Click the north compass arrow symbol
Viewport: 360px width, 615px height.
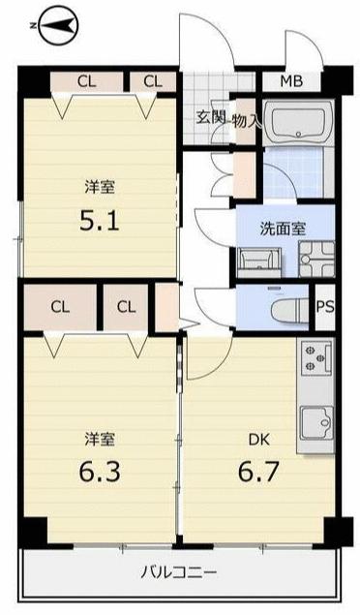tap(58, 26)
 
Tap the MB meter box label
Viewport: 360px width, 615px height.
tap(291, 81)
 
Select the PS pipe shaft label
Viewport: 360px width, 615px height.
tap(325, 307)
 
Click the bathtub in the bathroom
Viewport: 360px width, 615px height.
tap(299, 123)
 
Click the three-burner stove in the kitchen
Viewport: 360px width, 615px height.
tap(316, 357)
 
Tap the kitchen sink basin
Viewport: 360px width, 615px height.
tap(316, 423)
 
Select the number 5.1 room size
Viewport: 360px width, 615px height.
tap(99, 221)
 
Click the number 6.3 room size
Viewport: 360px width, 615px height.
tap(100, 472)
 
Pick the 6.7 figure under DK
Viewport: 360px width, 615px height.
tap(258, 472)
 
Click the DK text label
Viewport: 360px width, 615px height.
tap(259, 440)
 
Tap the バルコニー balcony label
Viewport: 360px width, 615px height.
tap(179, 573)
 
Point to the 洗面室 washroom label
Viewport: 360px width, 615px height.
tap(283, 229)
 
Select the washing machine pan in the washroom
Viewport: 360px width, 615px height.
tap(316, 259)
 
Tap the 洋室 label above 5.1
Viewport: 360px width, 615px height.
tap(100, 188)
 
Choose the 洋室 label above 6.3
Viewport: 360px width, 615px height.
tap(100, 440)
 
